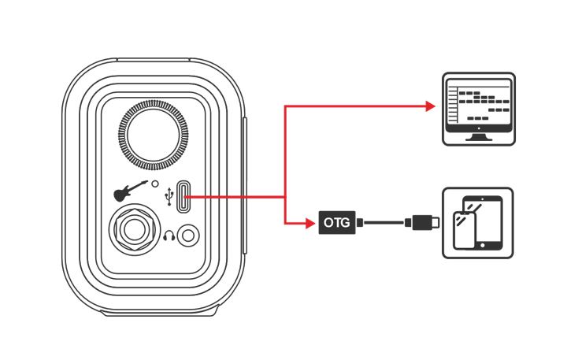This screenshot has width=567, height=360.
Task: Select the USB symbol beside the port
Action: pyautogui.click(x=169, y=195)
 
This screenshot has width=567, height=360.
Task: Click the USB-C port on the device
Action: pyautogui.click(x=183, y=197)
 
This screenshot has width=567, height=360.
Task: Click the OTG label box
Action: pyautogui.click(x=338, y=223)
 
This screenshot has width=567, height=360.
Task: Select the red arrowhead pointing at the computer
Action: pyautogui.click(x=430, y=105)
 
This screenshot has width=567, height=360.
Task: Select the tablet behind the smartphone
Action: pyautogui.click(x=489, y=221)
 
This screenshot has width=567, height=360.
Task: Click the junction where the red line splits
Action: pyautogui.click(x=283, y=197)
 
